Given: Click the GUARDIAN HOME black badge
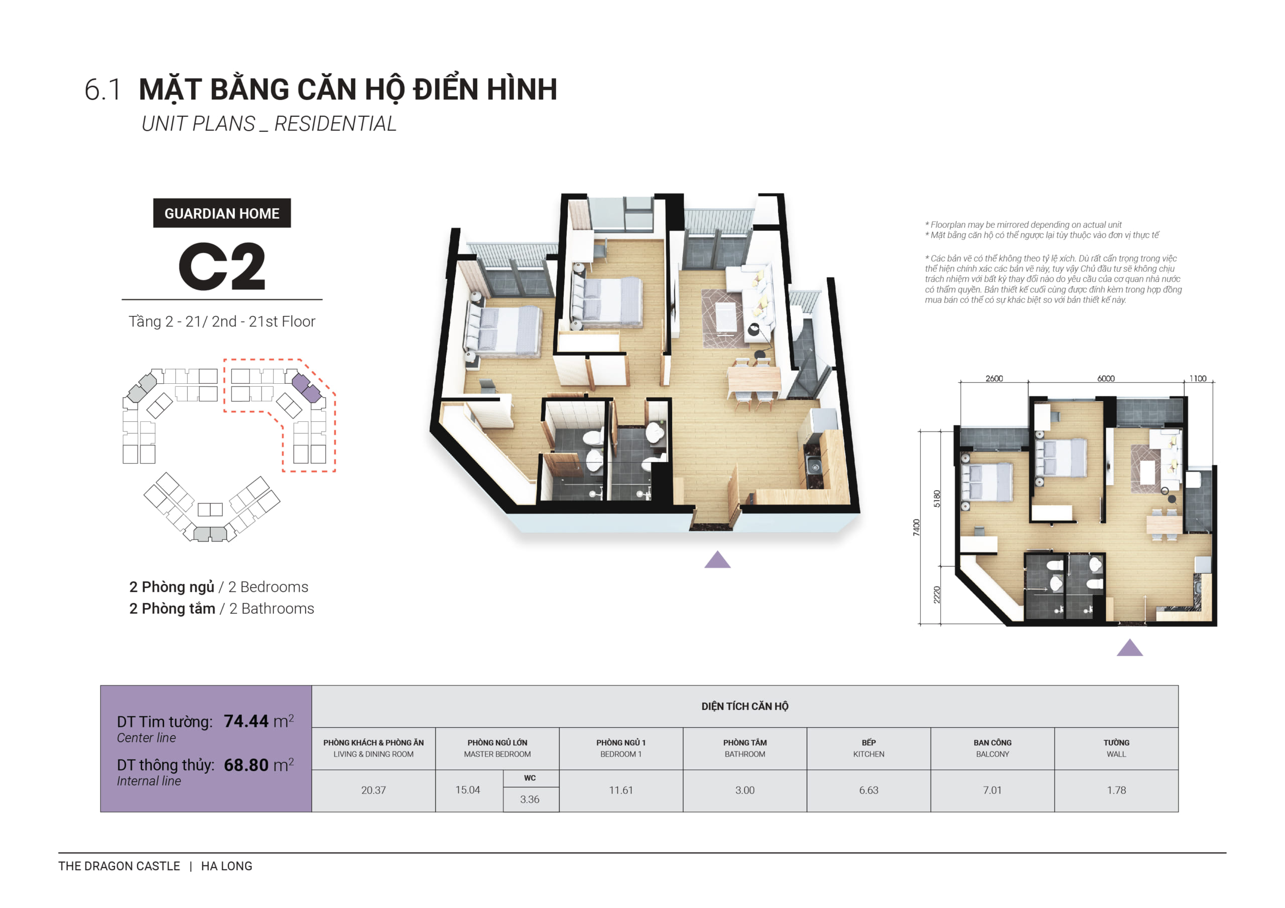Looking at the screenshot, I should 222,213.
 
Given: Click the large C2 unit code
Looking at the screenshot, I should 222,267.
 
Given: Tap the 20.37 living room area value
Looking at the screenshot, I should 373,790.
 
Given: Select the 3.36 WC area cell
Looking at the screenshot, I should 530,799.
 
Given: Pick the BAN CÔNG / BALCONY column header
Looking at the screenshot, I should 992,748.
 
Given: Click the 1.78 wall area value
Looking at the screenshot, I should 1115,790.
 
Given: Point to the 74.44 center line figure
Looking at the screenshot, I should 246,721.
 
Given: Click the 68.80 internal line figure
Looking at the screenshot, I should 246,765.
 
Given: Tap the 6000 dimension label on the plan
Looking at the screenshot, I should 1105,379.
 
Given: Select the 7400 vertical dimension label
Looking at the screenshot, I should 916,527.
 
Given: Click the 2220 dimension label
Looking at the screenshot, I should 937,594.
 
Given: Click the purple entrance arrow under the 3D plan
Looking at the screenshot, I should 717,560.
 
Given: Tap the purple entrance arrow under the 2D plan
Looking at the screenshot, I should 1129,648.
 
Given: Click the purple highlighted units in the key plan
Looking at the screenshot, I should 307,388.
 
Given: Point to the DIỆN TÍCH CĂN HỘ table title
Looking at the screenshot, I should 744,706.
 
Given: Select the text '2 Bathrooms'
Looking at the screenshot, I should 272,608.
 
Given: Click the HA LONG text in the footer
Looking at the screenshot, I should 227,865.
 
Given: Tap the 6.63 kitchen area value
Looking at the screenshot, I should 868,790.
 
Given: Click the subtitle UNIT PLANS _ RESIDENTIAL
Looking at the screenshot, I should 269,123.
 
